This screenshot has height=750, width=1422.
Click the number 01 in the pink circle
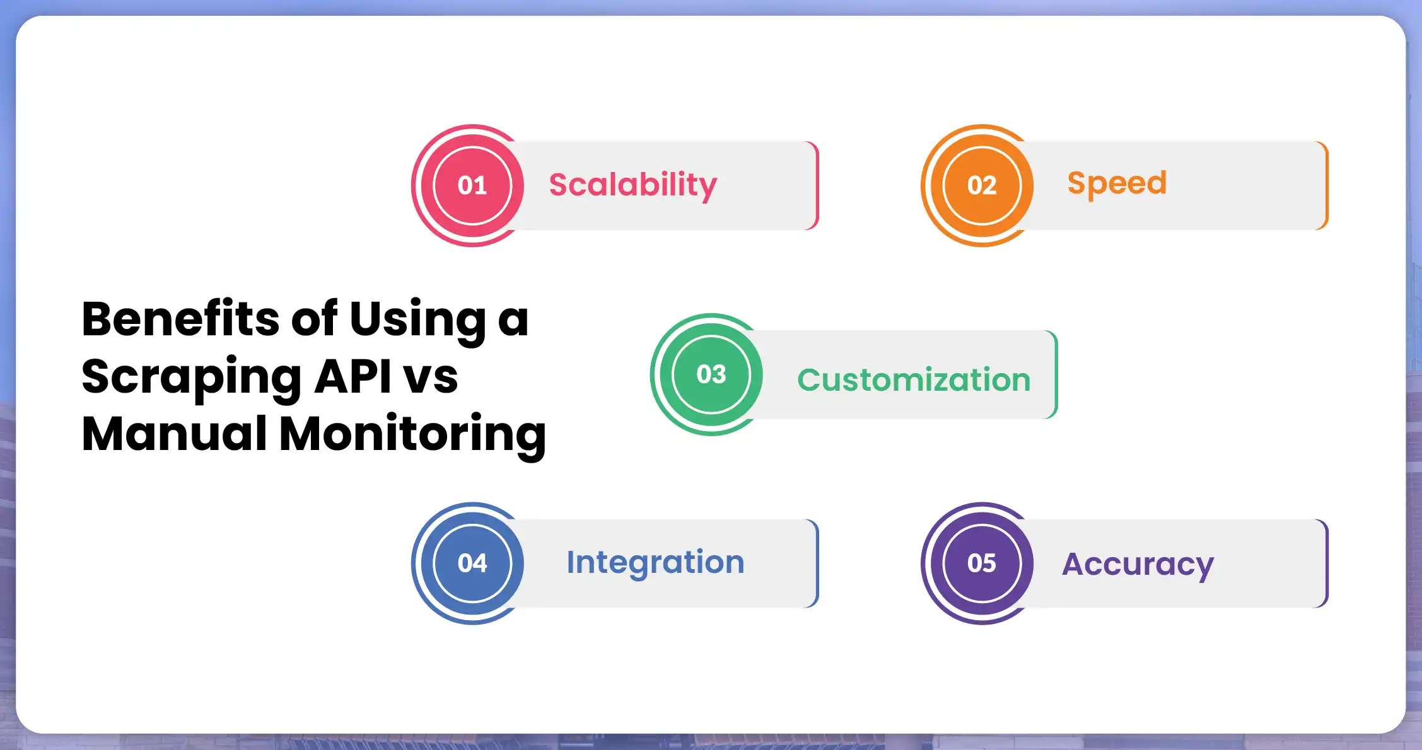pos(472,185)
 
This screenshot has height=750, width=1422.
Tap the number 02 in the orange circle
pos(982,185)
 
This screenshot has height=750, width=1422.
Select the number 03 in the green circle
pos(711,374)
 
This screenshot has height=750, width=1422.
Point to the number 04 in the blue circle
pos(472,563)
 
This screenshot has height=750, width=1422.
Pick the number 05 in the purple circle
pos(982,563)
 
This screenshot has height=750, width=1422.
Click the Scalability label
pos(632,185)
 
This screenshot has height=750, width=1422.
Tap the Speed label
pos(1117,184)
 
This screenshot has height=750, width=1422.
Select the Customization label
pos(914,380)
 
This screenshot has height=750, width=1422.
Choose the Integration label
pos(655,562)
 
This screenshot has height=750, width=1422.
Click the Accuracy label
pos(1138,564)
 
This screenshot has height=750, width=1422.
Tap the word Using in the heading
pos(417,320)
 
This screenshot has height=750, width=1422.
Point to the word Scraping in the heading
pos(192,378)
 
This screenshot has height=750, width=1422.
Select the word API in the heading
pos(353,376)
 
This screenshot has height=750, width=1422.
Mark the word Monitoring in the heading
pos(412,435)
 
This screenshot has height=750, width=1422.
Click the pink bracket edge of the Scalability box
pos(817,185)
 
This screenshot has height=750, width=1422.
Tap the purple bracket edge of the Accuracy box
pos(1326,563)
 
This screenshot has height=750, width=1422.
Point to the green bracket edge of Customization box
pos(1056,374)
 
